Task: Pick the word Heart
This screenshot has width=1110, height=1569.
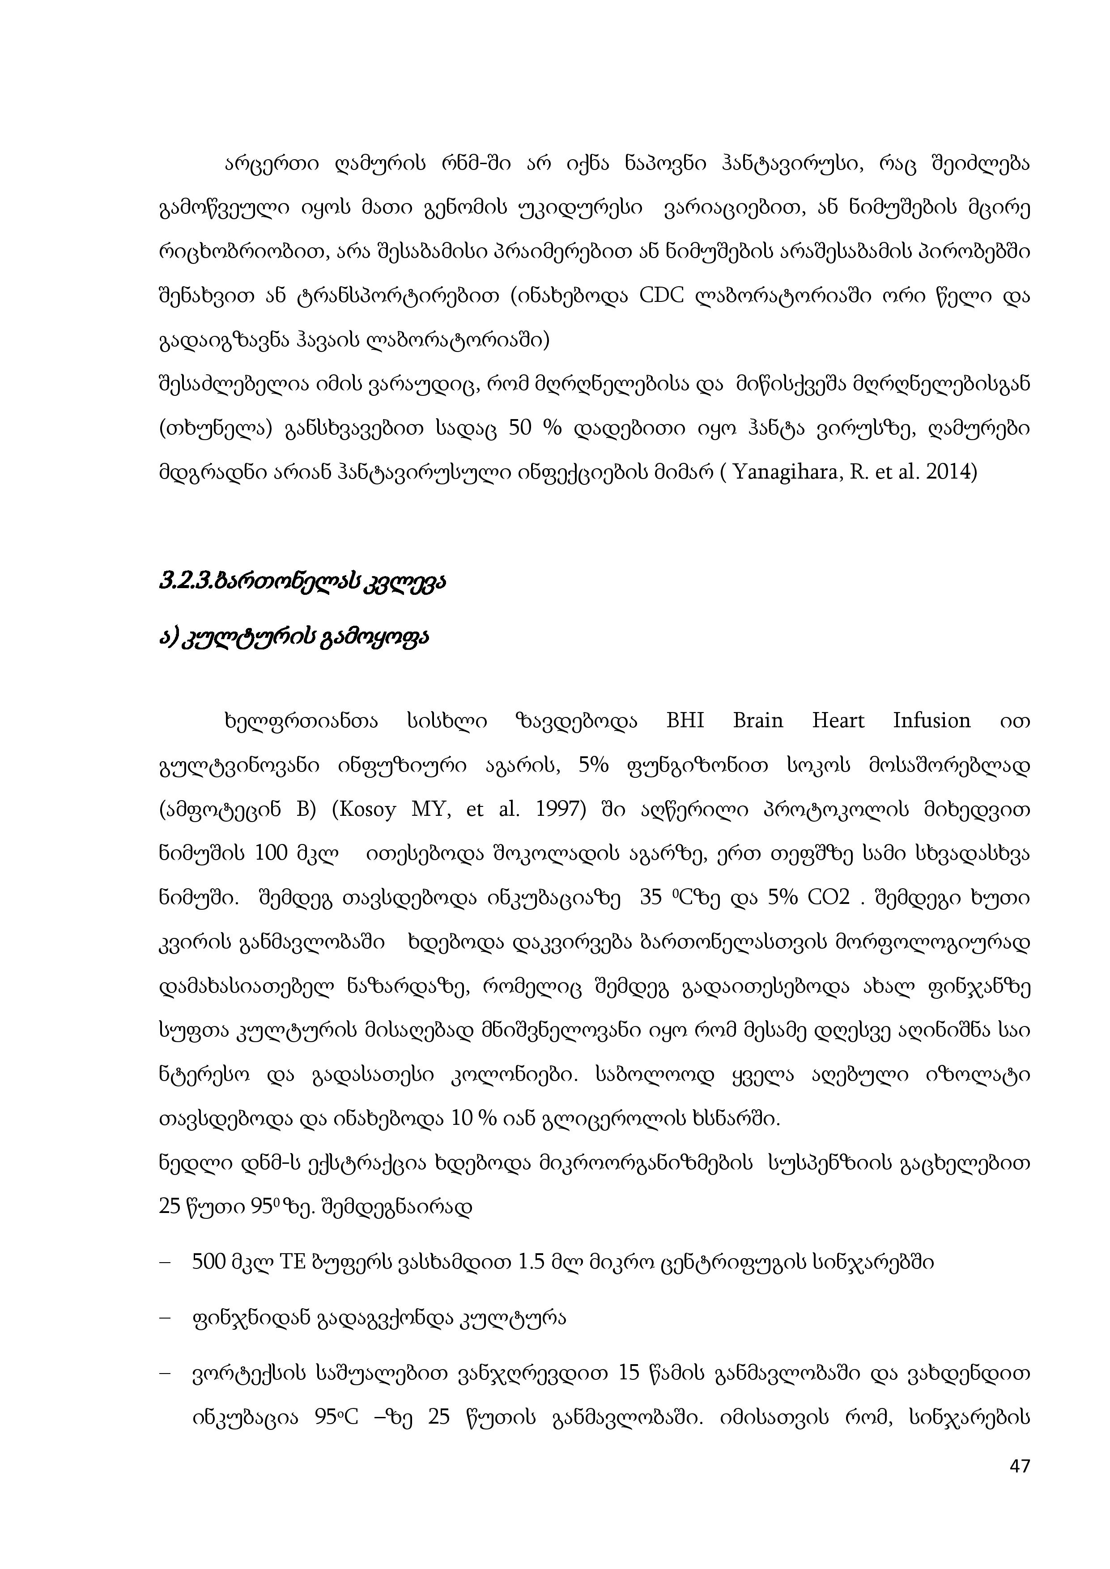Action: pyautogui.click(x=838, y=721)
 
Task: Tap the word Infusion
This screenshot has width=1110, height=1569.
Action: pyautogui.click(x=931, y=721)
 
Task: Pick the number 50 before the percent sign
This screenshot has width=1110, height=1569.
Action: pyautogui.click(x=521, y=428)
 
